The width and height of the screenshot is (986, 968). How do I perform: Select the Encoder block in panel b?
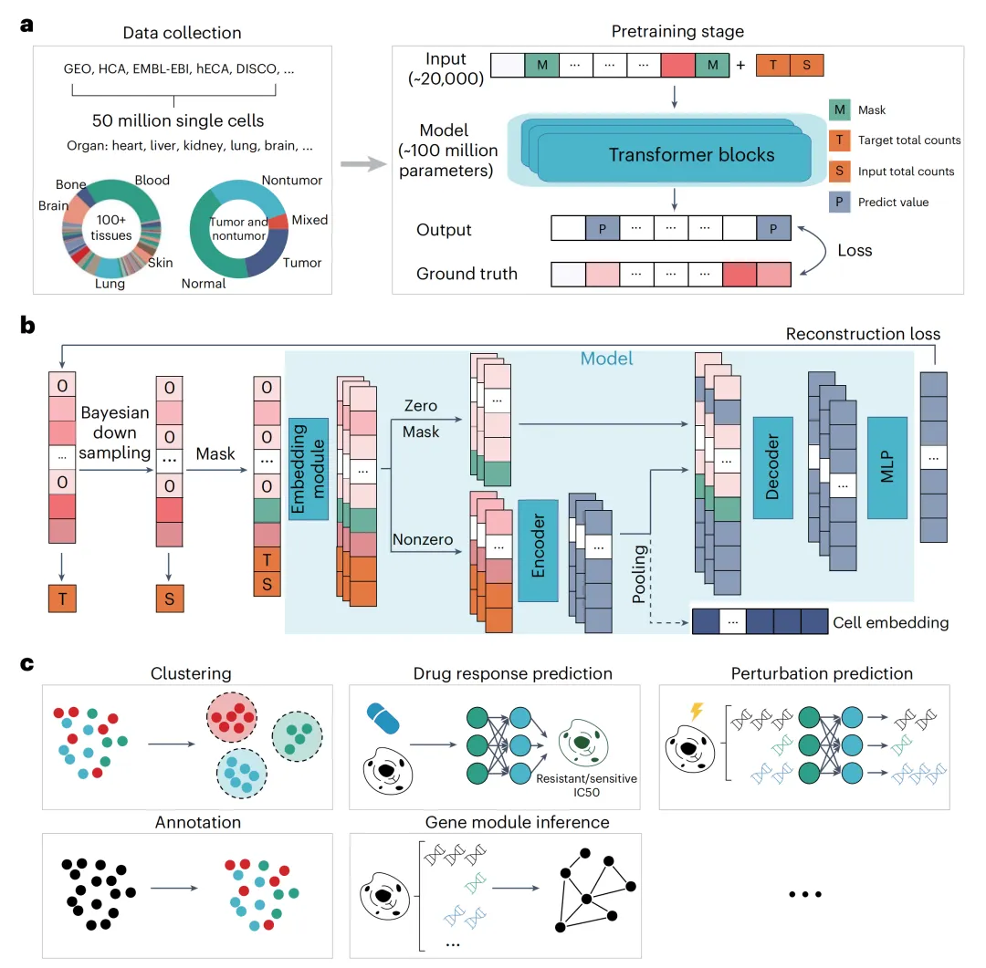[x=539, y=551]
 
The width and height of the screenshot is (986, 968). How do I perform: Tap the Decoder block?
[x=773, y=468]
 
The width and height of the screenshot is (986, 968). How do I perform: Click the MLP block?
[x=887, y=468]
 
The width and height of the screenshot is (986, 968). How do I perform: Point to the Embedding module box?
[x=309, y=469]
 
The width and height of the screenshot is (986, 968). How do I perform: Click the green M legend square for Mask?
[x=840, y=110]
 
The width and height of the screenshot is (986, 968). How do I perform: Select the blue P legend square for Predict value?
[x=840, y=202]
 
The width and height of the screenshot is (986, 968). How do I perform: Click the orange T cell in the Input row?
[x=773, y=66]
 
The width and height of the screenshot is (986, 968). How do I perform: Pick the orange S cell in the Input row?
[x=807, y=66]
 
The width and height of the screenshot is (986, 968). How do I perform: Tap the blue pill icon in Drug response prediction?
[x=383, y=718]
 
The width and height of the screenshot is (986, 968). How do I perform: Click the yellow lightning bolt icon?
[x=697, y=711]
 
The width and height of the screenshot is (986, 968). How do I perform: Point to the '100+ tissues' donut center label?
[x=111, y=227]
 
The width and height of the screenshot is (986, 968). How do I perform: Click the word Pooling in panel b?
[x=639, y=575]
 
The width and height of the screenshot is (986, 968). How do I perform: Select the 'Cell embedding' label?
[x=890, y=622]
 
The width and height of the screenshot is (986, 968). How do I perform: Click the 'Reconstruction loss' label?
[x=863, y=334]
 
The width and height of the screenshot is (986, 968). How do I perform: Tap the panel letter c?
[x=27, y=664]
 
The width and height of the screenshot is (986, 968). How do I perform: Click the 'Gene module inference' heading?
[x=518, y=822]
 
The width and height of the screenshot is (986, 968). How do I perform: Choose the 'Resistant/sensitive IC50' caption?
[x=586, y=786]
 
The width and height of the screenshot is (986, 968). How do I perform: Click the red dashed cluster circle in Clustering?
[x=232, y=717]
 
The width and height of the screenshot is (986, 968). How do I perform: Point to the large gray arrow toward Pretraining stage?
[x=363, y=165]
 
